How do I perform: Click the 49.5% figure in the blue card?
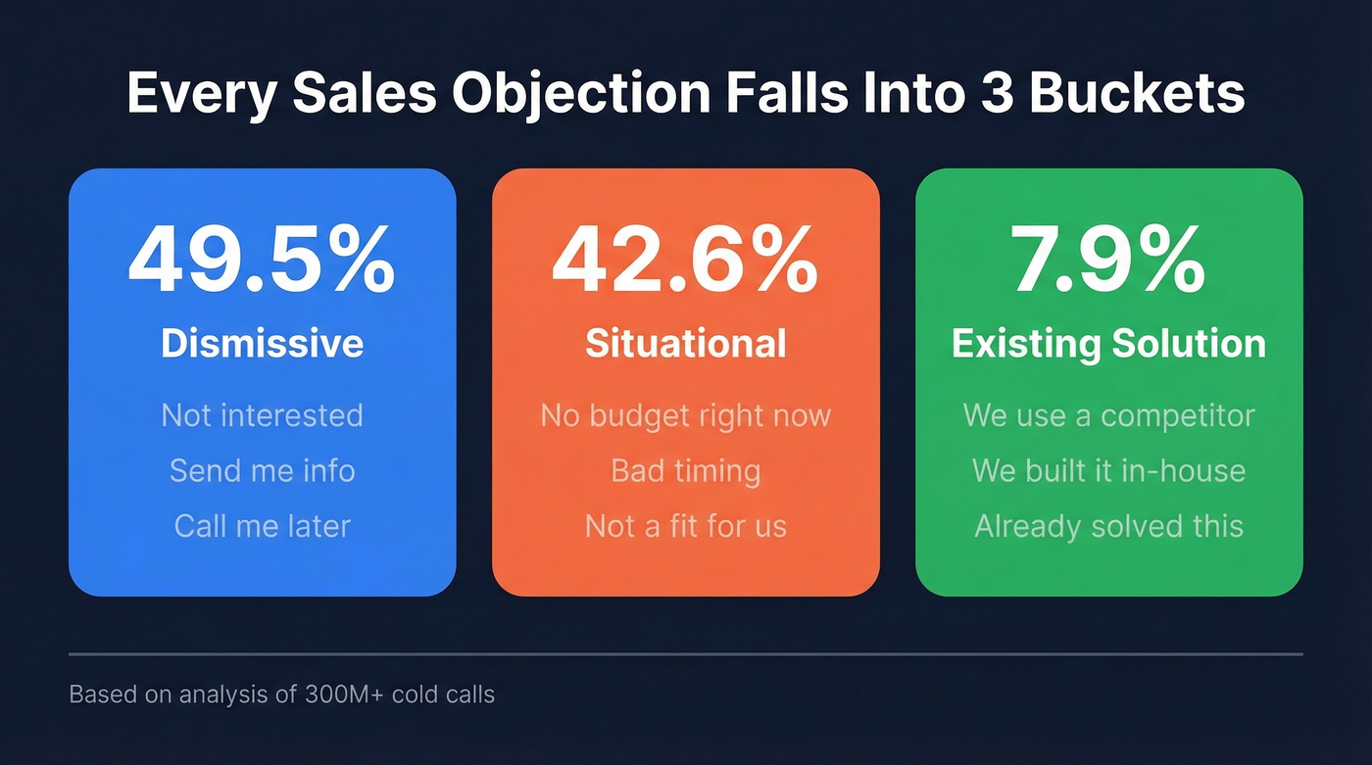click(x=262, y=260)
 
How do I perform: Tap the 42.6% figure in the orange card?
click(x=685, y=260)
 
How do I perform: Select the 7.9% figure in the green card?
click(x=1108, y=260)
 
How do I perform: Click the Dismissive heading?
click(x=262, y=343)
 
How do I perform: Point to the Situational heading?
click(x=685, y=343)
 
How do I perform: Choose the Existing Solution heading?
click(x=1108, y=343)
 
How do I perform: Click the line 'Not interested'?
click(x=262, y=415)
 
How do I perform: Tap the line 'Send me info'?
click(x=262, y=471)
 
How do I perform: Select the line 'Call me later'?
click(x=262, y=526)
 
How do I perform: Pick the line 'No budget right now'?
click(x=685, y=415)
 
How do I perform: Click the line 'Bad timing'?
click(x=685, y=471)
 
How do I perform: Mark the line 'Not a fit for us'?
click(x=685, y=526)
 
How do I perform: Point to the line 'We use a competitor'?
click(x=1108, y=415)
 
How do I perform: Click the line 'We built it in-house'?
click(x=1108, y=471)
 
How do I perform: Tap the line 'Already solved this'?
click(x=1108, y=526)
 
